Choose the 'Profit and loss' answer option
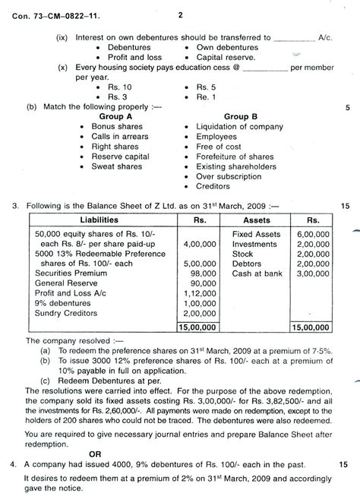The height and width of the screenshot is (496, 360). click(139, 58)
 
